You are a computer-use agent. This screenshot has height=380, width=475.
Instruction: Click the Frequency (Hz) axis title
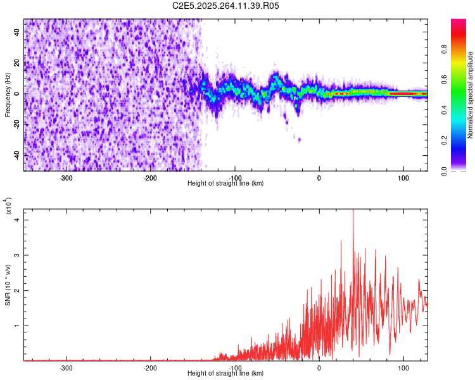(x=8, y=94)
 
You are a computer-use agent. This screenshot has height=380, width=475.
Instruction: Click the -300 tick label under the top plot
(x=66, y=177)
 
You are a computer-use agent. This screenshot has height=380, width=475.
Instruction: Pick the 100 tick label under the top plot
(x=403, y=177)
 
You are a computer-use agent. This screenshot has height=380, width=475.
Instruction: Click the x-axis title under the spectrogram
(x=225, y=184)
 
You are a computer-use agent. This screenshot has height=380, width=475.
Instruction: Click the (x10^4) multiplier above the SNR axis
(x=8, y=206)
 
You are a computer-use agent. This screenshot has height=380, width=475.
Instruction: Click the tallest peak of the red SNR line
(x=353, y=211)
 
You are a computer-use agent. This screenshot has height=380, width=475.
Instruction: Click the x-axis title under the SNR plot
(x=225, y=374)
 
